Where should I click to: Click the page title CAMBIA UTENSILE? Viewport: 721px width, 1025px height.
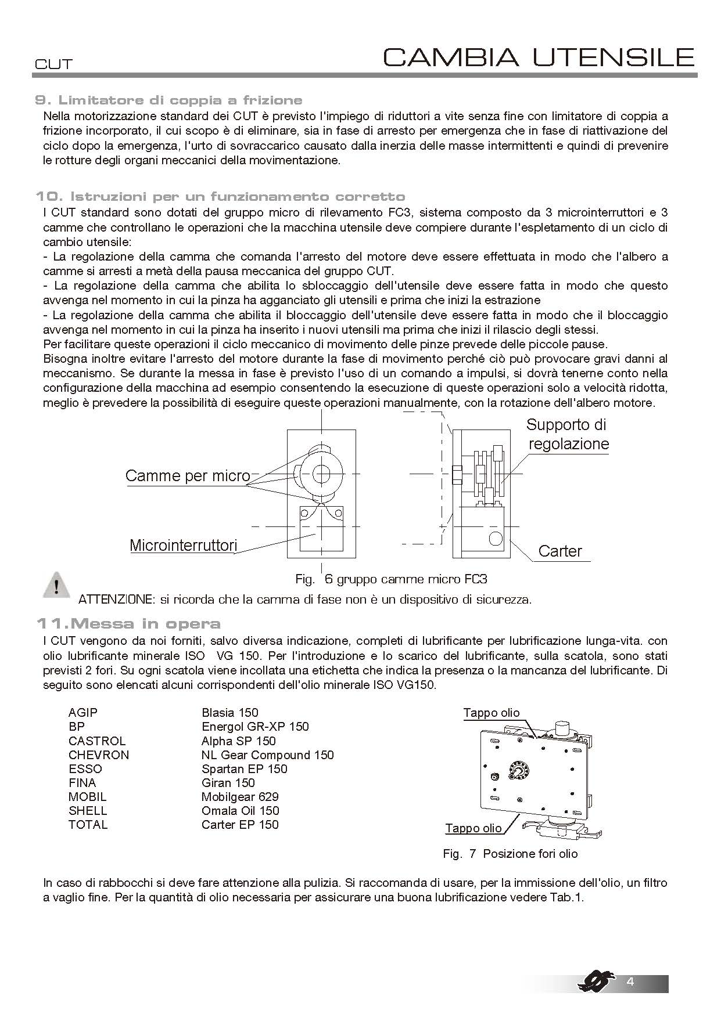click(539, 57)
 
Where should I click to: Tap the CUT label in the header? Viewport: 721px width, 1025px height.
click(53, 64)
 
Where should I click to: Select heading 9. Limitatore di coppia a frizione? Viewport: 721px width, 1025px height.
click(168, 100)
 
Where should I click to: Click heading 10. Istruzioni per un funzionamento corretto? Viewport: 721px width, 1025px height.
click(220, 196)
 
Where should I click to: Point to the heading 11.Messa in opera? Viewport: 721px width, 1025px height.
click(128, 624)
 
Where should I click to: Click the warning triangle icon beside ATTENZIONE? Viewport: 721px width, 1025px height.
click(56, 584)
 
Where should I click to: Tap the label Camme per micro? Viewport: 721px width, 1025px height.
click(187, 476)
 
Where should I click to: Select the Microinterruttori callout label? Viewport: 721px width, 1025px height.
click(183, 546)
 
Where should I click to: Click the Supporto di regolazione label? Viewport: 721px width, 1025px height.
click(567, 434)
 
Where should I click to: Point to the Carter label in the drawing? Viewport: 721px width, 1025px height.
click(559, 551)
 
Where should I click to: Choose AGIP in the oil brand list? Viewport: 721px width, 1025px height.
click(82, 713)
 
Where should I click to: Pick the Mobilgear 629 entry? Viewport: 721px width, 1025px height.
click(239, 797)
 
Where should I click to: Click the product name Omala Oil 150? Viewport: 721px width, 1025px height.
click(240, 811)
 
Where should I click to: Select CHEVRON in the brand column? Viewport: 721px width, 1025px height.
click(98, 755)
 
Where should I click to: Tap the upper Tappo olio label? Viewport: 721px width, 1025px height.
click(491, 713)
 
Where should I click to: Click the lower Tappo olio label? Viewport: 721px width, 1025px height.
click(473, 828)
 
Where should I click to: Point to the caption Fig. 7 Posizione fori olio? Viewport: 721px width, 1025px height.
click(510, 854)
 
